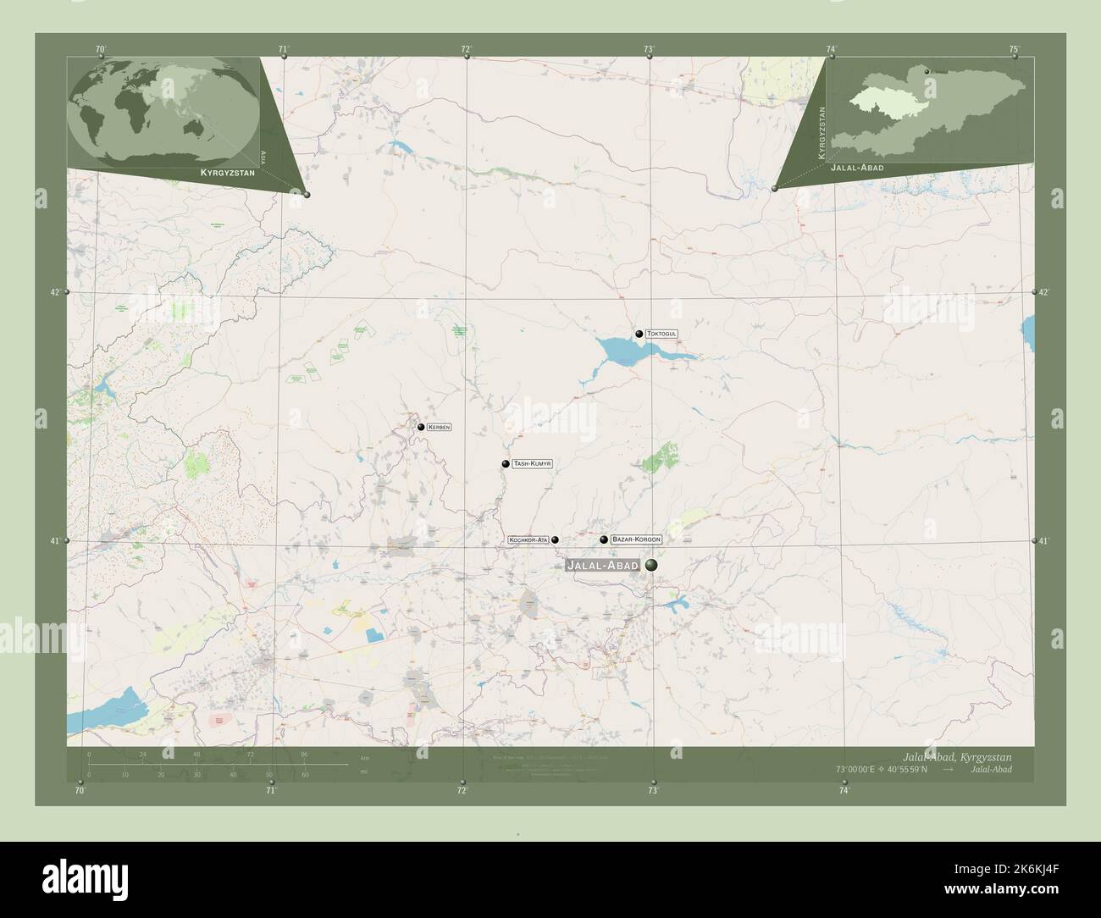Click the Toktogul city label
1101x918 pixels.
[662, 335]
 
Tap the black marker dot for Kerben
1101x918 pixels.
[420, 427]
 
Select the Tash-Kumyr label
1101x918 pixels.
[532, 464]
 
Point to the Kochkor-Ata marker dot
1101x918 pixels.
[555, 539]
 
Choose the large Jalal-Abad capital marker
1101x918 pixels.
[651, 565]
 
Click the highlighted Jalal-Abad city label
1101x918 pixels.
[602, 565]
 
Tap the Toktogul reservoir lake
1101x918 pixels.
[627, 350]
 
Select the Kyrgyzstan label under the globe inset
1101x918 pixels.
[225, 172]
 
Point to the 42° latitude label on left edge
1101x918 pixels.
[55, 293]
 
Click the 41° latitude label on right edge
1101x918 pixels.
[1043, 540]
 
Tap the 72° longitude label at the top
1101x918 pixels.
[466, 49]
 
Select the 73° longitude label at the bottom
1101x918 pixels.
[652, 791]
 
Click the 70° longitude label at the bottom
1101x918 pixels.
[80, 791]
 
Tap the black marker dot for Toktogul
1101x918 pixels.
[639, 335]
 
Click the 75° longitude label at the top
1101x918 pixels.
[1014, 49]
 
